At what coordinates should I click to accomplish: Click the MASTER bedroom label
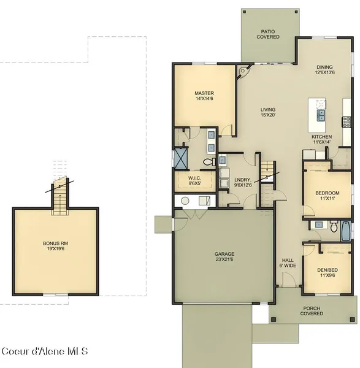204,96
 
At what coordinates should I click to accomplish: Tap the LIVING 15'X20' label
268,112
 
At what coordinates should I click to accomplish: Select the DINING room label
324,70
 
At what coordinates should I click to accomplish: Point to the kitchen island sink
321,115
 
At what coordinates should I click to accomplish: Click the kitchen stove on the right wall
347,122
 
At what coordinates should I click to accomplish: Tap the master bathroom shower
181,158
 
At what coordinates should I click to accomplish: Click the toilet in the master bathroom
209,161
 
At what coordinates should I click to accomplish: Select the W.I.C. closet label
194,181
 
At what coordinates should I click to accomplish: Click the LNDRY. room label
243,182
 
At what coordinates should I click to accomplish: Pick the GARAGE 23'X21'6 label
224,256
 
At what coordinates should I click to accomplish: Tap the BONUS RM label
55,246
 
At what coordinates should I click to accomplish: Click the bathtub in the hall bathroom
346,231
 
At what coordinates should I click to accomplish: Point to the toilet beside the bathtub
334,226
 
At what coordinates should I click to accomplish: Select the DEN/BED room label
327,272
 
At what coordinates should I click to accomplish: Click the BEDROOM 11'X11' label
327,196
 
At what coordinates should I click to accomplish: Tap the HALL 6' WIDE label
288,263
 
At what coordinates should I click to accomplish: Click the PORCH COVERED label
312,311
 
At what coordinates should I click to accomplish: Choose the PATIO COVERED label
268,34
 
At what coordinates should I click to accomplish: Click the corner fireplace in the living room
243,71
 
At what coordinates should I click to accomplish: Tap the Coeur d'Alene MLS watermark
45,351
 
